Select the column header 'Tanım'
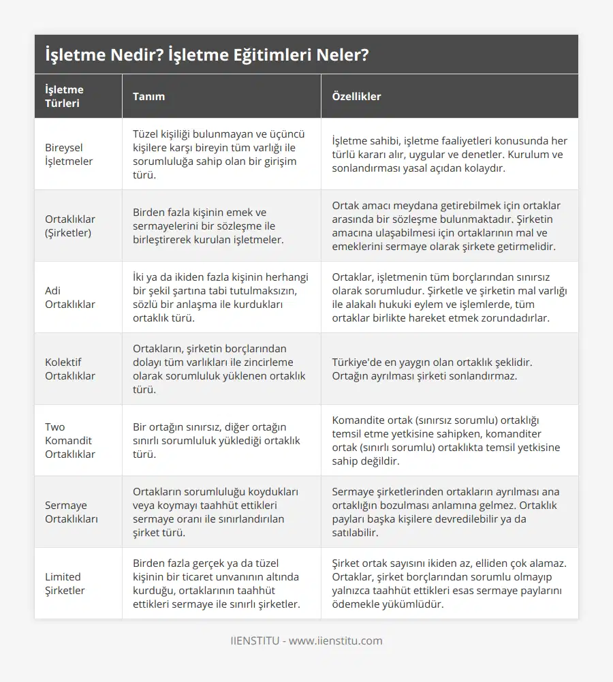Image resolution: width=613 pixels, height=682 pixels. point(148,96)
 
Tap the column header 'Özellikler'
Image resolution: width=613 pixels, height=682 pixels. point(356,96)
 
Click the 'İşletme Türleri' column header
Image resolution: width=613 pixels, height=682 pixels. point(64,96)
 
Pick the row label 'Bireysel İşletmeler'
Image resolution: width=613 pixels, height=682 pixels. point(69,154)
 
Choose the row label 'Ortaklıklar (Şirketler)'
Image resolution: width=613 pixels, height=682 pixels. point(70,226)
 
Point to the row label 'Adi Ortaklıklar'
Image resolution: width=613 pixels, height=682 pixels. point(70,297)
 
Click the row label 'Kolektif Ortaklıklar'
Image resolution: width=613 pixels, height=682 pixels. point(70,369)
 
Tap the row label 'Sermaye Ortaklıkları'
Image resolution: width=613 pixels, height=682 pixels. point(72,512)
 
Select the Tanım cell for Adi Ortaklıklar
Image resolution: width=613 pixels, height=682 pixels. point(220,297)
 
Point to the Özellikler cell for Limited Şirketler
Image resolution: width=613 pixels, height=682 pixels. point(449,583)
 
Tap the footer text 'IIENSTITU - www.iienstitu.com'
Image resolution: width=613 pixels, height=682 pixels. point(306,640)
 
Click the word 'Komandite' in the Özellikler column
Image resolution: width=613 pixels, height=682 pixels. point(358,420)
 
